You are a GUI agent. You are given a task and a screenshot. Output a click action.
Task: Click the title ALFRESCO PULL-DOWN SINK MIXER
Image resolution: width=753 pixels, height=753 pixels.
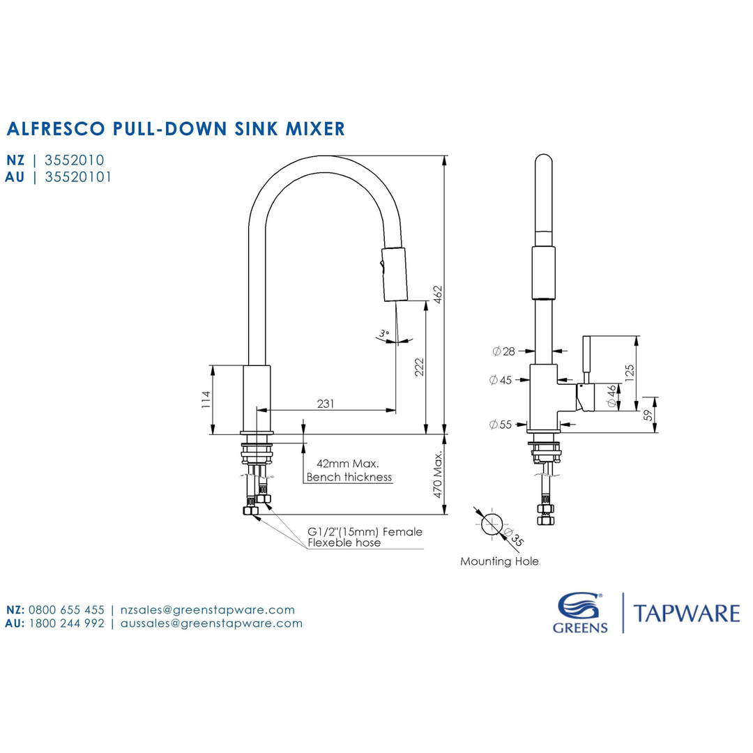(x=175, y=128)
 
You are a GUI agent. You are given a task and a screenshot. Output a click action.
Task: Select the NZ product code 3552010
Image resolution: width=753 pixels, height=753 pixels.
(x=75, y=160)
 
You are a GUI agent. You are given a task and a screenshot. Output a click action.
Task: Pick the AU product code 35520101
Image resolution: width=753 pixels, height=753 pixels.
(x=77, y=177)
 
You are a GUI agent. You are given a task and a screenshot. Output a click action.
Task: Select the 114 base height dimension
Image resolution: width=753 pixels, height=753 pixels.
(x=206, y=400)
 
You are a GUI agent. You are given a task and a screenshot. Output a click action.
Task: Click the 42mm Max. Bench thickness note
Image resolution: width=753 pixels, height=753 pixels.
(x=349, y=471)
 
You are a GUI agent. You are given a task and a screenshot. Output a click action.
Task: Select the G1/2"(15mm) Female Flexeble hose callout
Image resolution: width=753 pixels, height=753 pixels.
(x=365, y=537)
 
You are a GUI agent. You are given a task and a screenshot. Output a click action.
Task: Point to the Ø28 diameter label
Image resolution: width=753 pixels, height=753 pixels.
(x=503, y=351)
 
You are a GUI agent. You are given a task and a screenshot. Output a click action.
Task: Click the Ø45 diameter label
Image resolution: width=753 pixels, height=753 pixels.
(x=501, y=380)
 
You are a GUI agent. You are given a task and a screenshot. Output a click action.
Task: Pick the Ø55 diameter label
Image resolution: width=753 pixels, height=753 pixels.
(x=501, y=424)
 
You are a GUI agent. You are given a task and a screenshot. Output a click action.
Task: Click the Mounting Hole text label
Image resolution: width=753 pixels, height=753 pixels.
(x=499, y=561)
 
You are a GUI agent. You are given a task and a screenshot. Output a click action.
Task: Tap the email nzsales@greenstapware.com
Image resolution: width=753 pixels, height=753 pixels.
(x=207, y=609)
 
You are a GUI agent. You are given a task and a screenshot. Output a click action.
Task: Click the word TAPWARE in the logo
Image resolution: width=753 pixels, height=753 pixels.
(x=686, y=614)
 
